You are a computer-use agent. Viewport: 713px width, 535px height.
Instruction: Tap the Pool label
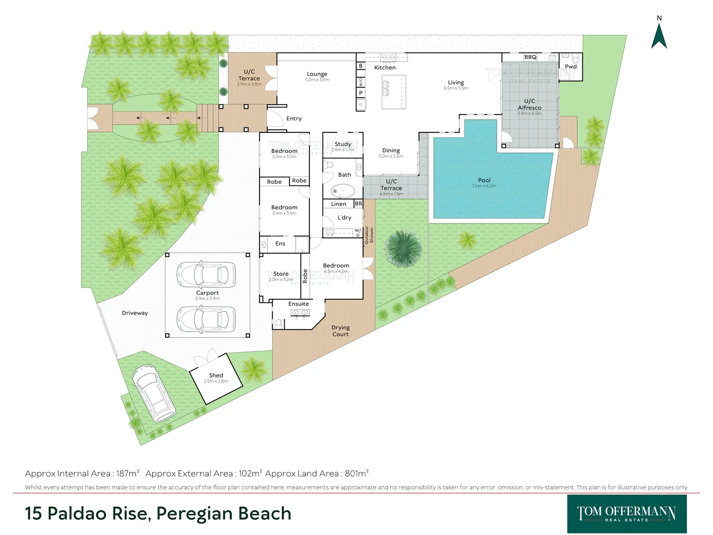pyautogui.click(x=484, y=180)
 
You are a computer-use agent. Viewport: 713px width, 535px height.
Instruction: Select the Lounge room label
pyautogui.click(x=317, y=74)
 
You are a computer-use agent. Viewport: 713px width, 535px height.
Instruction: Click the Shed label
pyautogui.click(x=216, y=375)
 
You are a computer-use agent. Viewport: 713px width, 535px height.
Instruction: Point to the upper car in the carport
pyautogui.click(x=207, y=274)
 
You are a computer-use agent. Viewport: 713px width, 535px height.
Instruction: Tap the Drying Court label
pyautogui.click(x=341, y=331)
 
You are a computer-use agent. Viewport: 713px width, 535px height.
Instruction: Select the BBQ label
pyautogui.click(x=530, y=57)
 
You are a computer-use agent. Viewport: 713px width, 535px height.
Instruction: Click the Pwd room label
pyautogui.click(x=571, y=66)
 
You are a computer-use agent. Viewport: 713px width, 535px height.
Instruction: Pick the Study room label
pyautogui.click(x=343, y=144)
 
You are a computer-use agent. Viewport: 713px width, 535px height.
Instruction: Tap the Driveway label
pyautogui.click(x=135, y=313)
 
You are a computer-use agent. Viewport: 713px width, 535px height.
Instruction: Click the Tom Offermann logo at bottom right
pyautogui.click(x=626, y=514)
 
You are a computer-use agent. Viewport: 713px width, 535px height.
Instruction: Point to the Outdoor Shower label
pyautogui.click(x=369, y=235)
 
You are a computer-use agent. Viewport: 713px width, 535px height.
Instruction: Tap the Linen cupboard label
pyautogui.click(x=339, y=204)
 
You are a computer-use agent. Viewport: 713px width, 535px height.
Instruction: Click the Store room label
pyautogui.click(x=281, y=274)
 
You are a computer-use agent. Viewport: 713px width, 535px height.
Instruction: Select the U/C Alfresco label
pyautogui.click(x=529, y=105)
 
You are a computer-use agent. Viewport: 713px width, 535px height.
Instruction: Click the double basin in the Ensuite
pyautogui.click(x=300, y=313)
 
